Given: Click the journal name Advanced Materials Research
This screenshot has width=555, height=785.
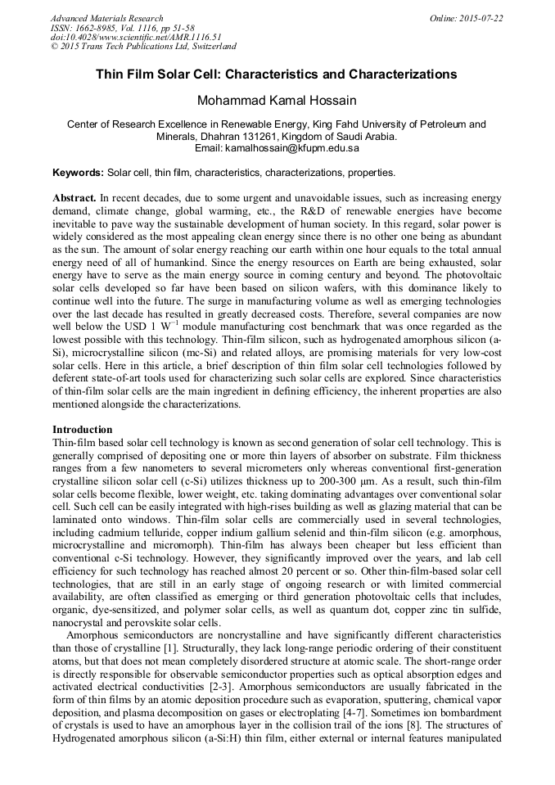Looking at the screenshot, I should [106, 18].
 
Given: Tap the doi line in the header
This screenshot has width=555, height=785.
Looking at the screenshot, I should [136, 38].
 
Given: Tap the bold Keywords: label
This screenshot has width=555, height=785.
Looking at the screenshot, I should [79, 174].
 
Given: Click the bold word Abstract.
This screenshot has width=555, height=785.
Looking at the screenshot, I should [74, 199].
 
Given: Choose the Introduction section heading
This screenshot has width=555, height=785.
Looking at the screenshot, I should [83, 430].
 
